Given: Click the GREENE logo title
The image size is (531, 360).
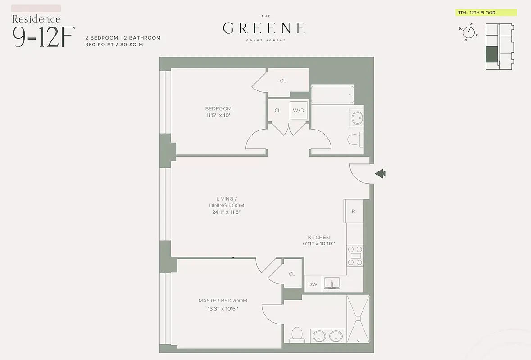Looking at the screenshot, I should coord(264,28).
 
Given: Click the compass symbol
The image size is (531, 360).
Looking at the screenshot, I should coord(469,32).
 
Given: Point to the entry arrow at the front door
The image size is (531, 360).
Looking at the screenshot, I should coord(380,174).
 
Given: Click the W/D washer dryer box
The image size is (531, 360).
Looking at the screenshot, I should coord(298,110).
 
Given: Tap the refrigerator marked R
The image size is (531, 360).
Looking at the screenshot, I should coord(354,211).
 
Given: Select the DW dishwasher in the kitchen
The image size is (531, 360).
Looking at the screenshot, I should coord(313,284).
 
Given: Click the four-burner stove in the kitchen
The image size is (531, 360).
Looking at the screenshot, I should coord(355,256).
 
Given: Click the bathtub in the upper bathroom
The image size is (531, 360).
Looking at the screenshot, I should coord(332,94).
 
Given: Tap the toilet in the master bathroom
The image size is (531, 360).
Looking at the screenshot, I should coord(296,334).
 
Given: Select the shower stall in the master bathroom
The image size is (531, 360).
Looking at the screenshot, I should coord(358,319).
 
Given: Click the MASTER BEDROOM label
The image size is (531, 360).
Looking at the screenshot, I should coord(222,301).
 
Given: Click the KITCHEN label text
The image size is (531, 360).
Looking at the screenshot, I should coord(318,238).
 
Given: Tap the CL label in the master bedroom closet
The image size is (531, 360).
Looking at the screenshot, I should coord(292,274).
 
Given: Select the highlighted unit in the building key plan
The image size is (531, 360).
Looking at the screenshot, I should coord(492,54).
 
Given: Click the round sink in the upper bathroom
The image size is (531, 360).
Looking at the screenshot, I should coord(357,118).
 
